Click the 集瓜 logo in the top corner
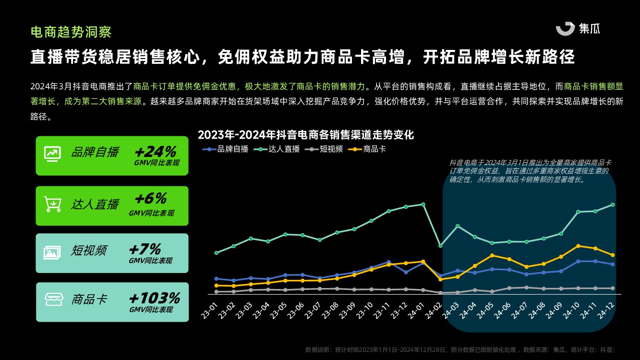(x=578, y=28)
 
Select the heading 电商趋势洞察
(x=71, y=32)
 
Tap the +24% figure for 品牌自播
(x=156, y=152)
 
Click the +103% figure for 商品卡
(x=154, y=298)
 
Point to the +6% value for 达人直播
(x=151, y=199)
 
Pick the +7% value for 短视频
(x=145, y=249)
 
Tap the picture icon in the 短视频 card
(x=52, y=252)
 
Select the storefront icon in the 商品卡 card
(x=53, y=300)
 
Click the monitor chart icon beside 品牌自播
(x=52, y=153)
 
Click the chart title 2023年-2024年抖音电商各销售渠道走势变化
(x=306, y=135)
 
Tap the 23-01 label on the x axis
(x=210, y=311)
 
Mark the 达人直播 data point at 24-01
(x=423, y=204)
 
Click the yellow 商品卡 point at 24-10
(x=578, y=246)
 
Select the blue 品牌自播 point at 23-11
(x=388, y=262)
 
